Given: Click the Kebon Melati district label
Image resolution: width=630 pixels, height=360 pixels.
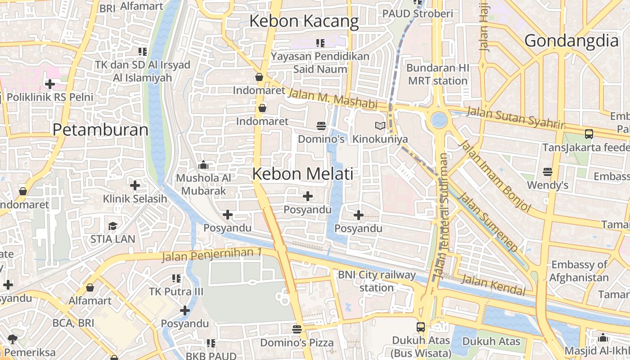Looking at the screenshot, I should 303,174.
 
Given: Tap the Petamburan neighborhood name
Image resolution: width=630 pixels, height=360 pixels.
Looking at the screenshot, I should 100,130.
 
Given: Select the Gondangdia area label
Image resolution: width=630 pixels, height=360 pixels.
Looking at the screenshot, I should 571,41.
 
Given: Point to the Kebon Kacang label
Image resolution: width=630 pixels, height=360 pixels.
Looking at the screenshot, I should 304,21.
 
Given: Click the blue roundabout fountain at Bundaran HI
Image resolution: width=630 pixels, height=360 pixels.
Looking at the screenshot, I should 439,120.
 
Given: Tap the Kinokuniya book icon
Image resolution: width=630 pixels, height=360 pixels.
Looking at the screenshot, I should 380,126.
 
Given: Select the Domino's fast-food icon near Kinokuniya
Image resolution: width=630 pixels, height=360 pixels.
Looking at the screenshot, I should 321,126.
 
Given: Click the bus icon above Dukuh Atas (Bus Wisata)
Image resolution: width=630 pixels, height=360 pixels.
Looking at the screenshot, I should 421,327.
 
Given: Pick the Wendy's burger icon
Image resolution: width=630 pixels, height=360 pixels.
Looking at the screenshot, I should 547,172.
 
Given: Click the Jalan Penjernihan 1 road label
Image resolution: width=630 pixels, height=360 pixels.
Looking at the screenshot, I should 211,255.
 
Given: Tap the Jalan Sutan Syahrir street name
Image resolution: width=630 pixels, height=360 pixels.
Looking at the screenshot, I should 515,117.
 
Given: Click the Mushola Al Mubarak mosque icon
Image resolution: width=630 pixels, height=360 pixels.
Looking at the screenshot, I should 203,165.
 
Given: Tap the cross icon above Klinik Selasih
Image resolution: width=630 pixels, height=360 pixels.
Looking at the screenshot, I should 135,185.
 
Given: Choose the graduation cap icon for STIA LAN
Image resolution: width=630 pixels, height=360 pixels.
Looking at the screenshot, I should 112,226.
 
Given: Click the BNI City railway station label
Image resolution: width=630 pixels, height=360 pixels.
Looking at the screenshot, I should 377,281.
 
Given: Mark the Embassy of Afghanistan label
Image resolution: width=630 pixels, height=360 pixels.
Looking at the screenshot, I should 579,271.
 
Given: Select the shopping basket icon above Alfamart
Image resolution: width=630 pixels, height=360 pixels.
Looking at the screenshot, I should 90,288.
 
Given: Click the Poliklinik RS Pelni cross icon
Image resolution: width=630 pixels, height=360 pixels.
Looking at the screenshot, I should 50,84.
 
